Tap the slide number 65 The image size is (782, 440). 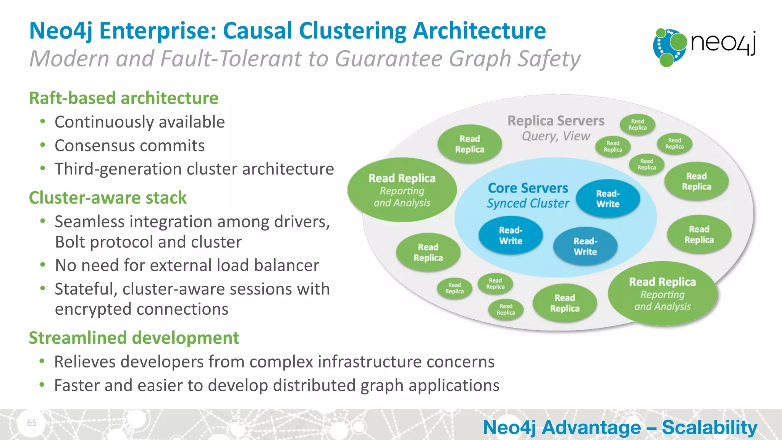(32, 422)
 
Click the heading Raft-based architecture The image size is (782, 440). (124, 98)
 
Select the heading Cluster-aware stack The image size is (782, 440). (108, 198)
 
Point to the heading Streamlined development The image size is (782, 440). (134, 338)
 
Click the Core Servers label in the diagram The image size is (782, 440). (528, 188)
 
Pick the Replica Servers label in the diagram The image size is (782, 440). (556, 121)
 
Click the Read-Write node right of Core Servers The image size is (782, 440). (608, 199)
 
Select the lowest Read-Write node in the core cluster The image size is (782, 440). (585, 246)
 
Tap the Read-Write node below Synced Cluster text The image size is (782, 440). (511, 236)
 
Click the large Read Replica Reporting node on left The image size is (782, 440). (402, 190)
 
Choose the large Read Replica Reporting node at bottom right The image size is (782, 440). (662, 294)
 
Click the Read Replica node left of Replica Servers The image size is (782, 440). (469, 144)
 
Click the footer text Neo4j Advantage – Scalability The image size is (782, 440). (620, 427)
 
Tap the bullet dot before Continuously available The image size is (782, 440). (43, 122)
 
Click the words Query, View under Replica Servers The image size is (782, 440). (556, 136)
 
